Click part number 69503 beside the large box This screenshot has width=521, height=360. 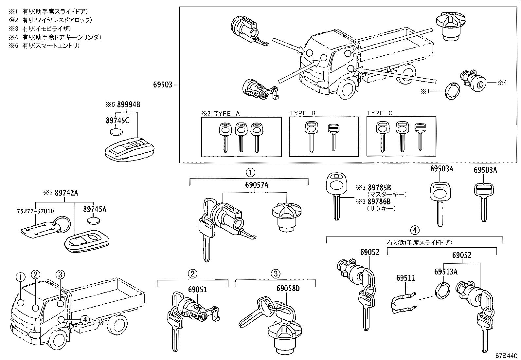163,85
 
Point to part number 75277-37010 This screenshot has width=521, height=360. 35,211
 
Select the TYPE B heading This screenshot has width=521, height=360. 302,113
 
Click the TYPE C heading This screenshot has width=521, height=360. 380,113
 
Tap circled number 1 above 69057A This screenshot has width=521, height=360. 250,172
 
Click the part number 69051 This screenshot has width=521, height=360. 197,289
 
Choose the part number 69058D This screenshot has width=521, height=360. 288,289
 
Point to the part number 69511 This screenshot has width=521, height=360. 405,278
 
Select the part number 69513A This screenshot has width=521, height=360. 445,272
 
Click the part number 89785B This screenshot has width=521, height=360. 379,188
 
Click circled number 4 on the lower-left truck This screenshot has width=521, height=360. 84,319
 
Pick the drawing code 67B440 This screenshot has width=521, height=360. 507,355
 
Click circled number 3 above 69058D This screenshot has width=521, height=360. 276,273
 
